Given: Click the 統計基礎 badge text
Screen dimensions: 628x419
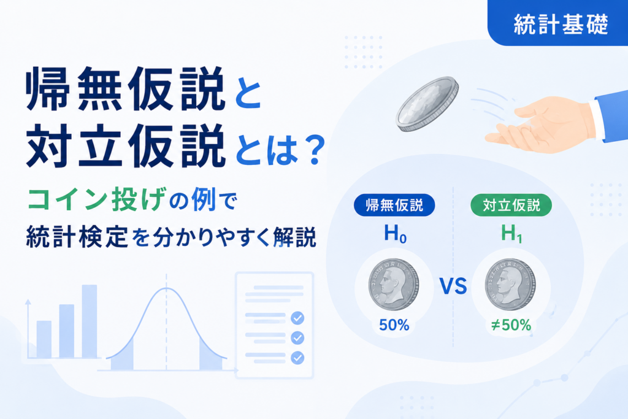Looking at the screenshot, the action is pyautogui.click(x=561, y=24).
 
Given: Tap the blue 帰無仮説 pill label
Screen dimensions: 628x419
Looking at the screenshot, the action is pyautogui.click(x=394, y=205).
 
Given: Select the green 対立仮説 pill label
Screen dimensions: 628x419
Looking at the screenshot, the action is pyautogui.click(x=511, y=205).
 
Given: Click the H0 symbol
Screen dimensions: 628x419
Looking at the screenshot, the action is pyautogui.click(x=395, y=234).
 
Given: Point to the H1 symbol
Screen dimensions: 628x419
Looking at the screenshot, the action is pyautogui.click(x=511, y=234).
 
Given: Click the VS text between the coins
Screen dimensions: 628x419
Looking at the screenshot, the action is pyautogui.click(x=453, y=286).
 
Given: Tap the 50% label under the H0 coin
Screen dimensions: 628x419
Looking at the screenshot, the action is pyautogui.click(x=394, y=325).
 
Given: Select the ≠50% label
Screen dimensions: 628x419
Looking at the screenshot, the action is pyautogui.click(x=511, y=325).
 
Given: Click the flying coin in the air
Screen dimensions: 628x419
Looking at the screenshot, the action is pyautogui.click(x=427, y=104).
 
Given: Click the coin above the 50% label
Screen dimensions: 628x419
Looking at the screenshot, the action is pyautogui.click(x=394, y=284).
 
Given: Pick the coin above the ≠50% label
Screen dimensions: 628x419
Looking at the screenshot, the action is pyautogui.click(x=510, y=284).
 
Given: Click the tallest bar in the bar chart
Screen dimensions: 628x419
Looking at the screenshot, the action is pyautogui.click(x=90, y=321).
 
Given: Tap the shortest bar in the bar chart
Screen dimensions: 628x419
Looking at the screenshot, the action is pyautogui.click(x=44, y=339).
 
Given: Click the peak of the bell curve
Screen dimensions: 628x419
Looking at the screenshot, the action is pyautogui.click(x=166, y=288).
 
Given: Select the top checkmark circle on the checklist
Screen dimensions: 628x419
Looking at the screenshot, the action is pyautogui.click(x=297, y=318).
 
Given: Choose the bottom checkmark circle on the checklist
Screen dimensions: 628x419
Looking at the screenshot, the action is pyautogui.click(x=297, y=358).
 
